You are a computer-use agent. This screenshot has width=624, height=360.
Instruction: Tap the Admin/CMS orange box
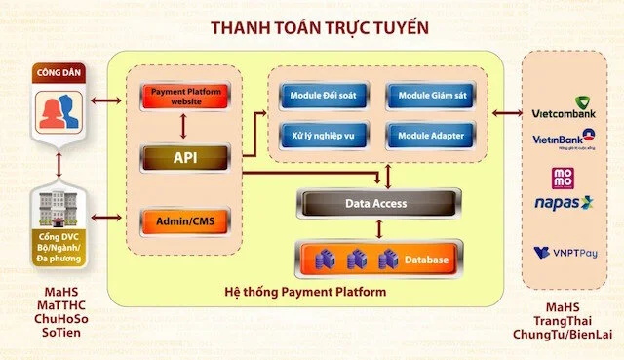pyautogui.click(x=184, y=221)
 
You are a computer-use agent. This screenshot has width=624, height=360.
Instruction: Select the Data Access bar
pyautogui.click(x=377, y=204)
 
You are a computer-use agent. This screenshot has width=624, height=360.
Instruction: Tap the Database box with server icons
pyautogui.click(x=377, y=260)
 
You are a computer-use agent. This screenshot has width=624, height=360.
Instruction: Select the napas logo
pyautogui.click(x=565, y=203)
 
